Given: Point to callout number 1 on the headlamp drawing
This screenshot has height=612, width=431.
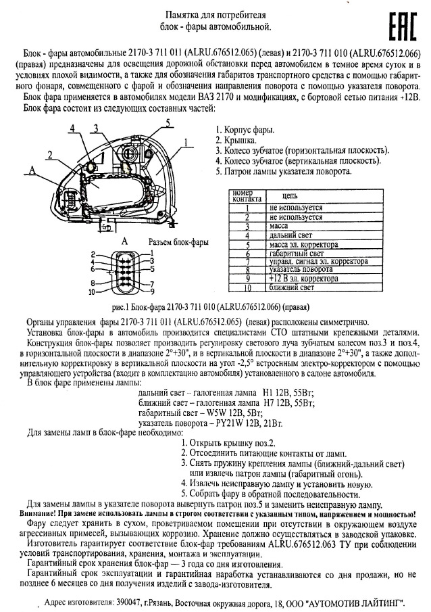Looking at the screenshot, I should pos(184,142).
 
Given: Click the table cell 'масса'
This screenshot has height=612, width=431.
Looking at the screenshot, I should pos(278,226).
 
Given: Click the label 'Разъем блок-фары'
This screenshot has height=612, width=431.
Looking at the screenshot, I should pos(178,241).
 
